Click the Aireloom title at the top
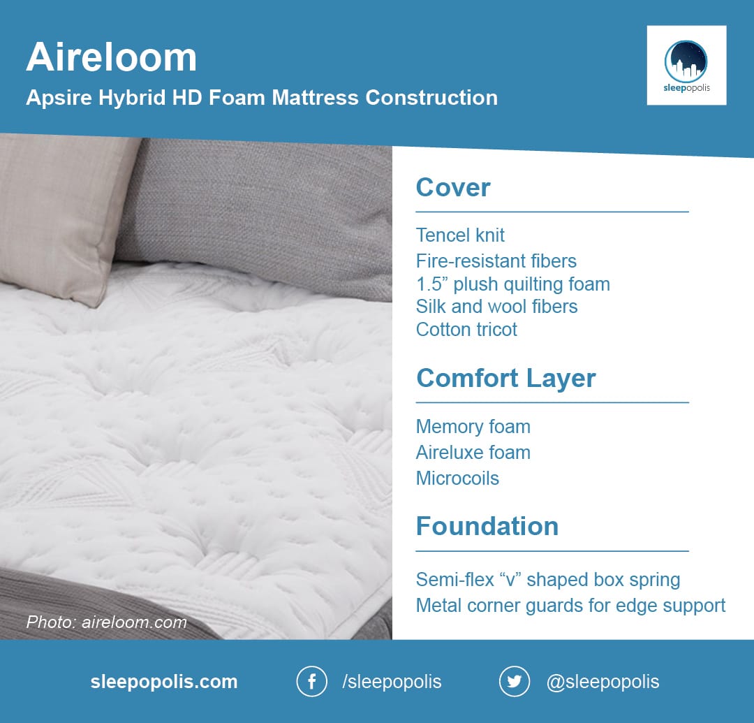tap(112, 57)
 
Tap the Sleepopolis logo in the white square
tap(686, 66)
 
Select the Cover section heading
tap(453, 187)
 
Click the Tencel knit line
tap(460, 235)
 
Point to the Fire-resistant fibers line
tap(496, 261)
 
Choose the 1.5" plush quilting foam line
tap(513, 284)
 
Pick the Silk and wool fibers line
tap(497, 307)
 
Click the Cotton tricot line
tap(466, 330)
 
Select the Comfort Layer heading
tap(506, 379)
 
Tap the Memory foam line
tap(473, 427)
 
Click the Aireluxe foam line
tap(473, 452)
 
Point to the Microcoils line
tap(457, 478)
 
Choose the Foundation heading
tap(487, 526)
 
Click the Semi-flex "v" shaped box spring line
tap(548, 580)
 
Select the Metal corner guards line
tap(570, 606)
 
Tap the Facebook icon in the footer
tap(311, 681)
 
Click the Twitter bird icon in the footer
tap(514, 681)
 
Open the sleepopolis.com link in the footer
tap(164, 682)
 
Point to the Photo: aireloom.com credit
tap(106, 622)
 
